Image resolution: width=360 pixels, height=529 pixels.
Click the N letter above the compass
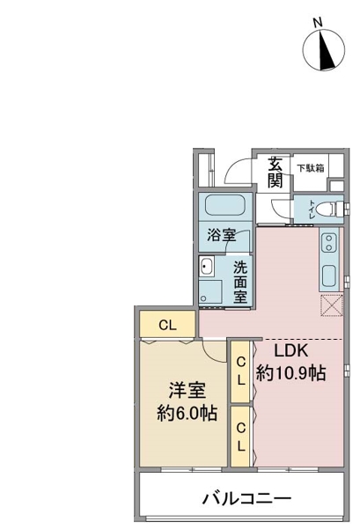(317, 23)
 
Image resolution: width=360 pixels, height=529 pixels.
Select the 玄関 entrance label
(276, 173)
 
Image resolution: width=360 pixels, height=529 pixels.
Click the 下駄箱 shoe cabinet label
(311, 168)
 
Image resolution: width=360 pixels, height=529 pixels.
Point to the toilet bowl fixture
(334, 209)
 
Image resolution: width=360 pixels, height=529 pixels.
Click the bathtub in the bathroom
(225, 205)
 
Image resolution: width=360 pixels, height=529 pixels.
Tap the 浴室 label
(221, 235)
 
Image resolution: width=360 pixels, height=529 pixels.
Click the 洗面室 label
(240, 282)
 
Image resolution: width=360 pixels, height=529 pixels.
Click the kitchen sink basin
(329, 276)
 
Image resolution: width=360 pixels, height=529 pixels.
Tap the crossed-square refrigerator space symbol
(331, 305)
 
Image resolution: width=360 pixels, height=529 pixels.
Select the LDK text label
(290, 351)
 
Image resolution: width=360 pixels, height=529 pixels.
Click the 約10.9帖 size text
(290, 373)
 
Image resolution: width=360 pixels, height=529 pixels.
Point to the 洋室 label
(187, 391)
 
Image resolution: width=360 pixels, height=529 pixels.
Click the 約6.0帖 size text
(187, 412)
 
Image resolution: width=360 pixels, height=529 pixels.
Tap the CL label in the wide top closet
(168, 325)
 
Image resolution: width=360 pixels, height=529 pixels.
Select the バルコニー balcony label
(246, 498)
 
